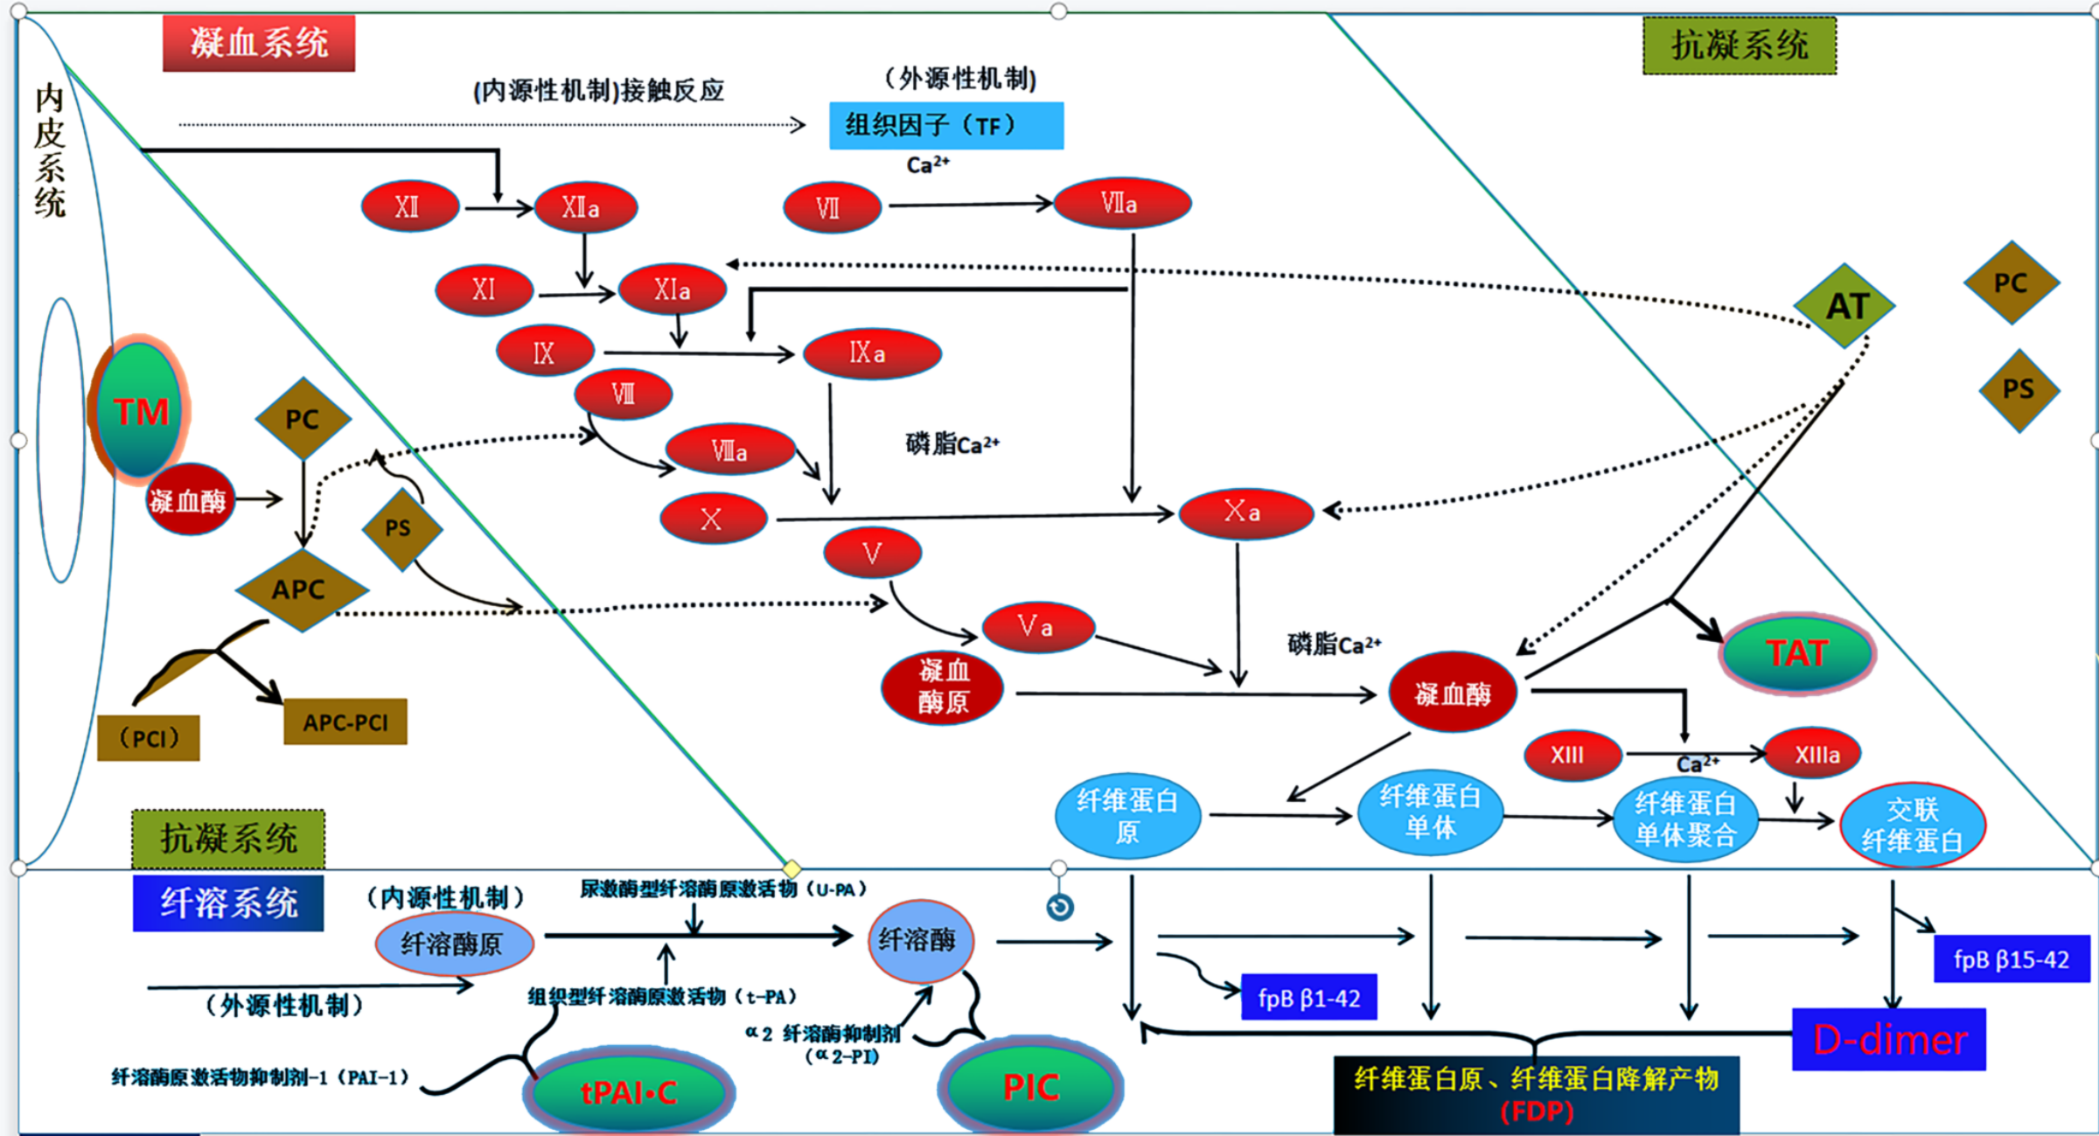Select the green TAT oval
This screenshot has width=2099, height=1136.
click(1797, 653)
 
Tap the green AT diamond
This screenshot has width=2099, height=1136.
click(1845, 306)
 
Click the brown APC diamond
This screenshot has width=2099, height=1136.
click(300, 590)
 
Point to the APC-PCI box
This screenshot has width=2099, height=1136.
click(345, 722)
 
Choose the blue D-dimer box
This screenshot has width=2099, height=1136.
click(1889, 1040)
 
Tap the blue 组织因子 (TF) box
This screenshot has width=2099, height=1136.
click(946, 126)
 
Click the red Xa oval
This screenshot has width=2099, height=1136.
click(1245, 512)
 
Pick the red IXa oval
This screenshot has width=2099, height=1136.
click(871, 353)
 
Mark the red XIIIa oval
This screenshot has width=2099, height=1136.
click(1812, 754)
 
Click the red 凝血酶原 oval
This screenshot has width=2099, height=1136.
click(943, 687)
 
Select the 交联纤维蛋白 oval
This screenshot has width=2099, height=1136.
click(1913, 825)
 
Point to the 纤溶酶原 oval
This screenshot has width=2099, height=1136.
click(454, 944)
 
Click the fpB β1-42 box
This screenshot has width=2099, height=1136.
click(1309, 998)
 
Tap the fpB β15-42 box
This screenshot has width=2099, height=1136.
click(2012, 959)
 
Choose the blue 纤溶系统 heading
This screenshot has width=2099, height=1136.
click(228, 903)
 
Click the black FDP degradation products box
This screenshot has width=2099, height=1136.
click(1537, 1095)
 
